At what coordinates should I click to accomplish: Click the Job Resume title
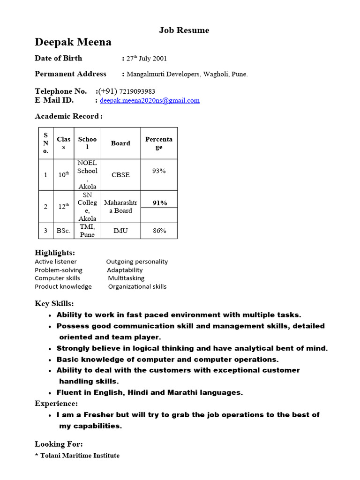click(184, 30)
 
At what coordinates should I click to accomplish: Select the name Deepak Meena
click(73, 42)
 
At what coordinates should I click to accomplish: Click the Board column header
click(120, 143)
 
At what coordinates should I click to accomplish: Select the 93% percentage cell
click(159, 171)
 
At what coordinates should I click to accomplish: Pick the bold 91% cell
click(159, 203)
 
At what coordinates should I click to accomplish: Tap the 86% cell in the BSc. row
click(159, 231)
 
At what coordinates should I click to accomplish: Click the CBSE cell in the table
click(120, 175)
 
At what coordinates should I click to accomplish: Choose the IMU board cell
click(120, 231)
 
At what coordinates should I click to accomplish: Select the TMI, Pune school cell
click(87, 231)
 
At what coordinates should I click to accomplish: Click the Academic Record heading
click(68, 116)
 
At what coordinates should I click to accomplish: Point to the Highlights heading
click(55, 253)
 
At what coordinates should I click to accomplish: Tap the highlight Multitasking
click(126, 278)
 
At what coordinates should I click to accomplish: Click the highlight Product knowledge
click(63, 286)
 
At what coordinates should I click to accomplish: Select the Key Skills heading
click(54, 304)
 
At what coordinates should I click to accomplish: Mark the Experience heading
click(56, 404)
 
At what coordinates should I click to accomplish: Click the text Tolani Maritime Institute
click(79, 456)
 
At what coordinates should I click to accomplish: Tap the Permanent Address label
click(71, 74)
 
